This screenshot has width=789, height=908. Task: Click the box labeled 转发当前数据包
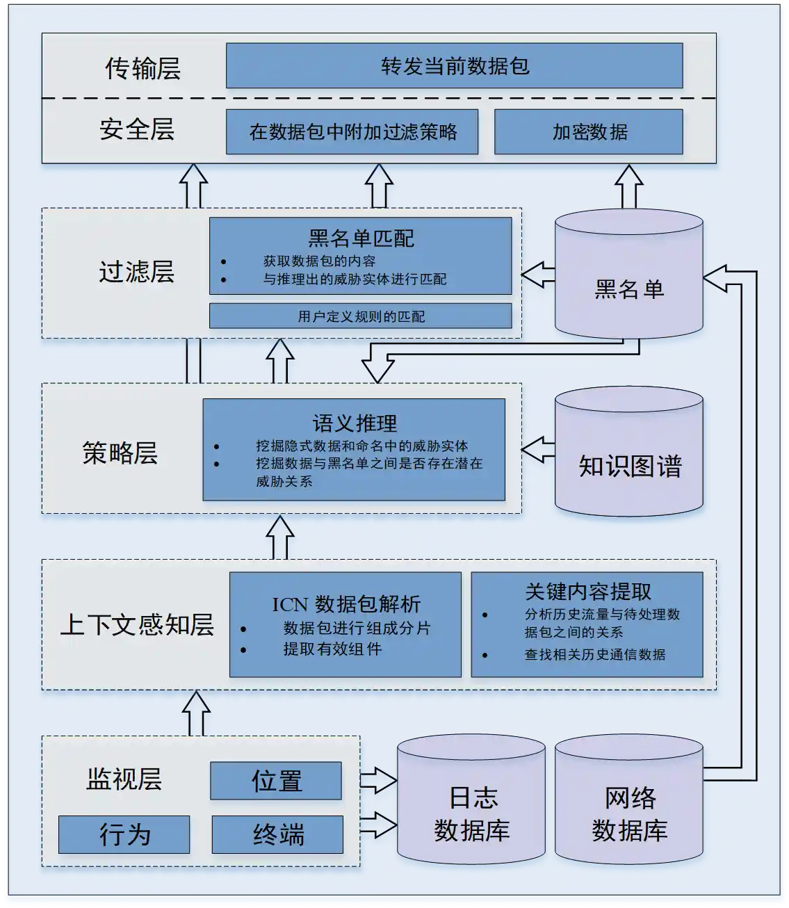coord(454,66)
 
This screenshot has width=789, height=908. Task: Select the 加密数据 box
coord(588,131)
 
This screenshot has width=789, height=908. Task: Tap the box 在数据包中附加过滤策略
coord(352,131)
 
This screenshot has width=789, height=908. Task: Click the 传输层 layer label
coord(143,68)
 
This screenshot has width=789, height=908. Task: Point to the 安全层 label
coord(136,129)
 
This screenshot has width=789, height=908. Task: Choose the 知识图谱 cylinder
coord(629,459)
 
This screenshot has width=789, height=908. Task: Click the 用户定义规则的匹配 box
coord(360,316)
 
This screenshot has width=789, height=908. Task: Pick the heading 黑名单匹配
coord(361,238)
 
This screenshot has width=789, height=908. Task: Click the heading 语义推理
coord(355,423)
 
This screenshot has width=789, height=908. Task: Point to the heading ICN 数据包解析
coord(345,603)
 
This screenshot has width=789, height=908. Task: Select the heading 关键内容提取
coord(587,592)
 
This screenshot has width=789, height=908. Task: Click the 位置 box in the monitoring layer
coord(276,781)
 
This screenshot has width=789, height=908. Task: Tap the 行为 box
coord(124,834)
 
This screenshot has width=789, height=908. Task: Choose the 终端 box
coord(277,834)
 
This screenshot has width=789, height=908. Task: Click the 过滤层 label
coord(136,271)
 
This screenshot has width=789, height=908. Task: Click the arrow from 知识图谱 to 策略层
coord(537,450)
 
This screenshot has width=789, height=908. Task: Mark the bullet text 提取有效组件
coord(332,649)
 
